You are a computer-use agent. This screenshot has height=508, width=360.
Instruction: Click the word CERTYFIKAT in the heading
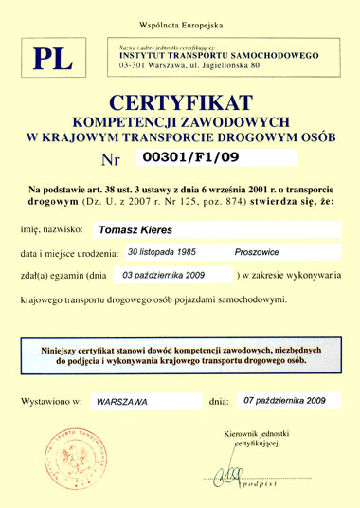(180, 101)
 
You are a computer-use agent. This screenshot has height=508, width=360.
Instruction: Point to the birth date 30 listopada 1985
(167, 252)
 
